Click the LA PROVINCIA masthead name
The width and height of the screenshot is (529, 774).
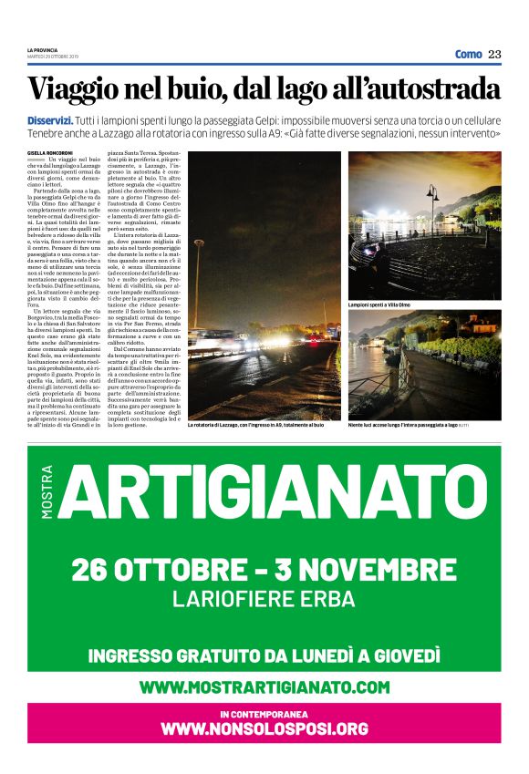42,49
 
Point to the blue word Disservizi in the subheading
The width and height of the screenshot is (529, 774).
54,120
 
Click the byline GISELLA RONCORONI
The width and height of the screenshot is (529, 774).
48,151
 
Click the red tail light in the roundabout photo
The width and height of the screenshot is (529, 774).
313,343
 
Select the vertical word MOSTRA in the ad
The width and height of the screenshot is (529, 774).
47,492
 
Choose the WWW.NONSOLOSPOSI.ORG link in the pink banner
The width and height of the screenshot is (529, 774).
264,729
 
